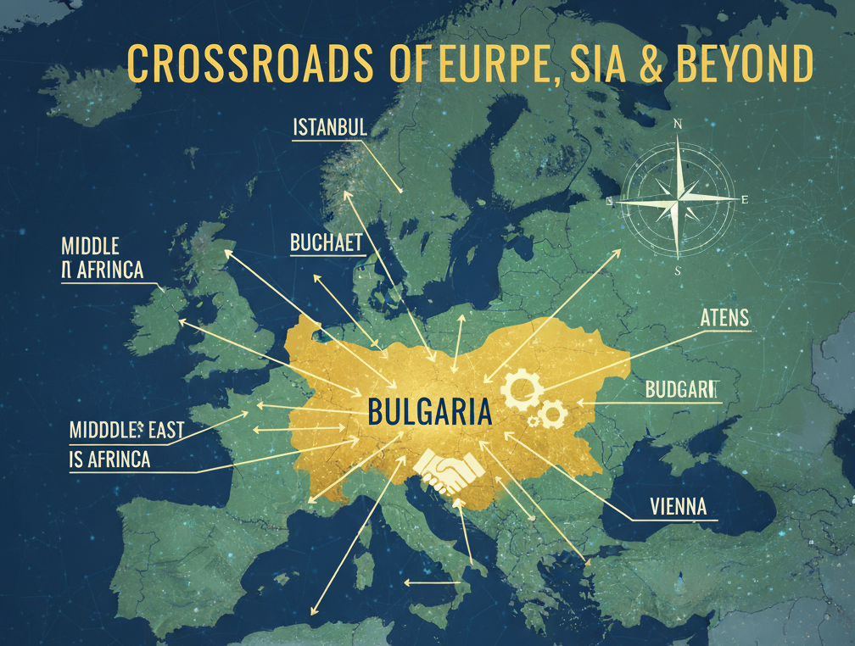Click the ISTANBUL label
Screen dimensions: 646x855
(x=329, y=128)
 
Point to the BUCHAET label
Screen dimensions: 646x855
(x=326, y=243)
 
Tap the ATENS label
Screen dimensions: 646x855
(x=725, y=319)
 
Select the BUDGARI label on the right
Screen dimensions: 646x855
(x=681, y=390)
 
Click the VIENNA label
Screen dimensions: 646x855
(x=678, y=507)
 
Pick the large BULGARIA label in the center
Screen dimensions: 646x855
(x=430, y=413)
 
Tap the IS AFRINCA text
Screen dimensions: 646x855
(x=109, y=459)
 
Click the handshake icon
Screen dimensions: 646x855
(x=448, y=471)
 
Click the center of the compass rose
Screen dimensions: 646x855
(x=677, y=200)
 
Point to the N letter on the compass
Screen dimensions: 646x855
(x=677, y=124)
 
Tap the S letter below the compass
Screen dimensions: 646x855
(x=677, y=271)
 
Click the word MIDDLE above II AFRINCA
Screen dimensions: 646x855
(x=91, y=246)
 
